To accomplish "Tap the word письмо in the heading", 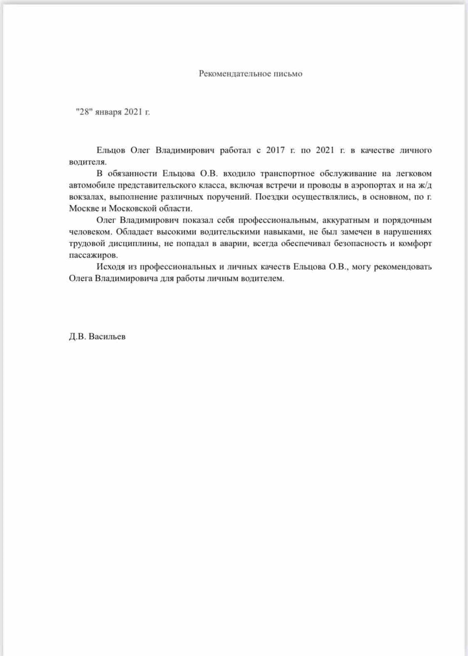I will coord(288,74).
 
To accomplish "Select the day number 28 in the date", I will coord(85,112).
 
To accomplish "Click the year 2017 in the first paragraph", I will coord(276,150).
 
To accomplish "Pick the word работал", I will coord(235,150).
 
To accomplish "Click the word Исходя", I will coord(111,267).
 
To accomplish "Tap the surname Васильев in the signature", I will coord(107,337).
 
